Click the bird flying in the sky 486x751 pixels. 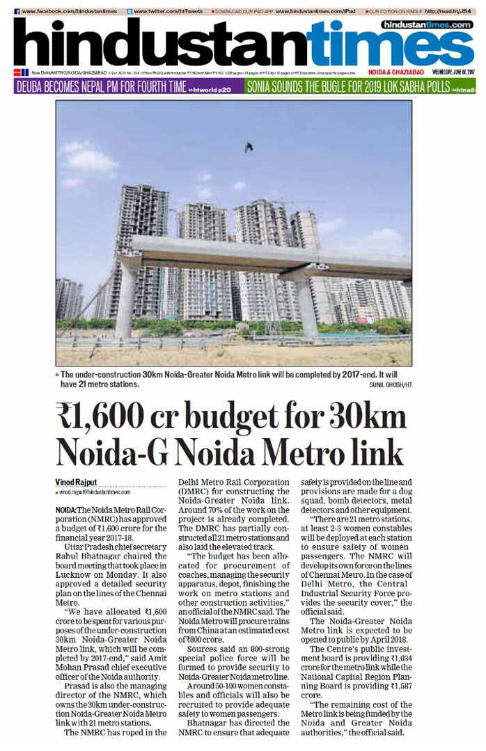249,146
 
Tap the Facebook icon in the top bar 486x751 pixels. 17,12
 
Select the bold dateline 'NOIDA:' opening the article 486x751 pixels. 67,510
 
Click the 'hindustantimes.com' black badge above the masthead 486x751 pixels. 427,24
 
